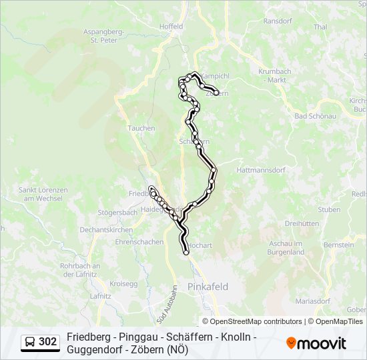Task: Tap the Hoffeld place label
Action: click(x=171, y=27)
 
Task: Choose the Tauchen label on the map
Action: click(x=141, y=129)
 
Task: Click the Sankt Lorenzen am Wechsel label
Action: click(x=43, y=194)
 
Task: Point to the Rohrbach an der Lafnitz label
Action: click(x=79, y=270)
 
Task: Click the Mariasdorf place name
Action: click(x=312, y=301)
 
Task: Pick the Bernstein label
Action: click(x=339, y=245)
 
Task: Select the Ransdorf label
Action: click(x=278, y=21)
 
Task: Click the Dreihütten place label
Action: click(x=302, y=224)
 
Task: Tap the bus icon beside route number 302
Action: click(x=31, y=342)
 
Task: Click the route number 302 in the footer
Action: click(x=48, y=342)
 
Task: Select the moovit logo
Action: click(x=316, y=343)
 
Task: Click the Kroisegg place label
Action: click(x=123, y=284)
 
